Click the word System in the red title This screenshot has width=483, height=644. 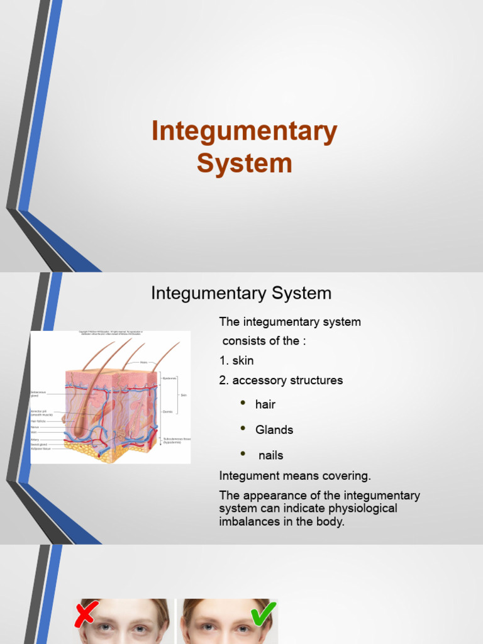244,163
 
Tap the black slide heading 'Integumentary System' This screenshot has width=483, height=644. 241,293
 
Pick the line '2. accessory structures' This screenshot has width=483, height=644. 281,380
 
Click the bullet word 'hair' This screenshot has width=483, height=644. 265,404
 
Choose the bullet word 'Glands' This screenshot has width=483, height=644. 274,430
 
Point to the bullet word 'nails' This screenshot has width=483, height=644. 271,455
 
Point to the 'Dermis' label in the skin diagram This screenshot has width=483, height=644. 167,411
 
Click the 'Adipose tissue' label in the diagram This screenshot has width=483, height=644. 41,449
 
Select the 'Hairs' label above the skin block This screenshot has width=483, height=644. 144,363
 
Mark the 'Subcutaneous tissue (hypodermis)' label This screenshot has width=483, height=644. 177,440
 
